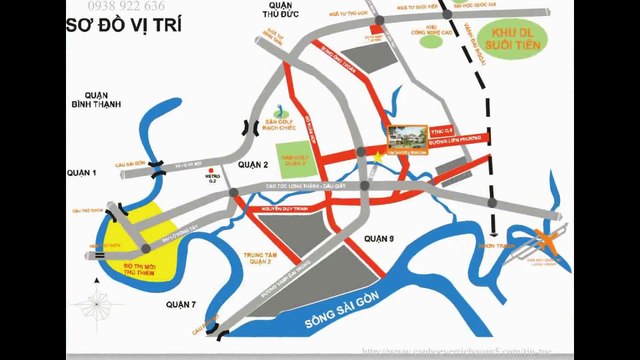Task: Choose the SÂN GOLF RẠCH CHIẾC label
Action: coord(290,122)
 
